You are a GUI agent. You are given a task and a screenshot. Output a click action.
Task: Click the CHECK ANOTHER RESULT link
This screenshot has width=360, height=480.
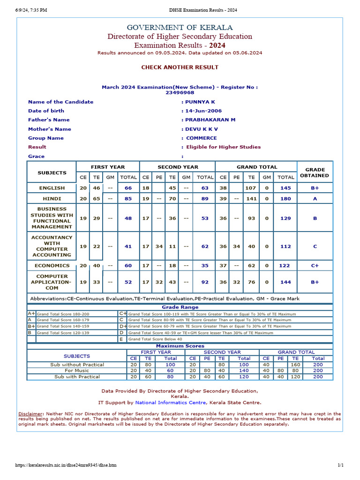click(180, 67)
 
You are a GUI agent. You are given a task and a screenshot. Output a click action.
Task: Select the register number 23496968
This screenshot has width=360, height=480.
click(180, 93)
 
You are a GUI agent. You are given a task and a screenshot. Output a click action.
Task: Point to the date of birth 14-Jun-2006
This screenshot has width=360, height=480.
click(203, 111)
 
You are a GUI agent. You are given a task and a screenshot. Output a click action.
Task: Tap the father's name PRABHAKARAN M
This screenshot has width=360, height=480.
click(210, 120)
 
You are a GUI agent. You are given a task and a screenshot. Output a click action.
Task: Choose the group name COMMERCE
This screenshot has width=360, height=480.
click(202, 138)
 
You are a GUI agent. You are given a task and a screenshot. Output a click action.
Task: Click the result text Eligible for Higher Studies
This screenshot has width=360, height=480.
click(223, 147)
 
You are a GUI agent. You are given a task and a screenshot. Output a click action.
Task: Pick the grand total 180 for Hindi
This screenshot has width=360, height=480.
click(286, 199)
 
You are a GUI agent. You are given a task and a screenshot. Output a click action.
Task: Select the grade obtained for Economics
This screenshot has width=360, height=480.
click(315, 266)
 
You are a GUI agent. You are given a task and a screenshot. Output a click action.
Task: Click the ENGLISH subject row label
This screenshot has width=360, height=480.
click(52, 188)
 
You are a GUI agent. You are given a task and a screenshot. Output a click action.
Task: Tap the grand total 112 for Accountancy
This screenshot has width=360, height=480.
click(286, 247)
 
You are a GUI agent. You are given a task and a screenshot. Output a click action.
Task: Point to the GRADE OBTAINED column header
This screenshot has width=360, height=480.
click(315, 172)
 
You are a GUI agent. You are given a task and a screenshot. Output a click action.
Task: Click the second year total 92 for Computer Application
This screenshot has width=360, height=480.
click(205, 282)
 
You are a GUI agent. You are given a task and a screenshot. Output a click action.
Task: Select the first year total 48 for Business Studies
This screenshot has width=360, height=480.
click(128, 218)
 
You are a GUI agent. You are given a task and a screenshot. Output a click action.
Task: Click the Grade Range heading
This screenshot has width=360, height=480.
click(180, 307)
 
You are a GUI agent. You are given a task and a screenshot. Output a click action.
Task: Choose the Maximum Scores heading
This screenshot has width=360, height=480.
click(180, 346)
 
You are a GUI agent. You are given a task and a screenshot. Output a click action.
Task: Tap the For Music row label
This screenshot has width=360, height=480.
click(77, 370)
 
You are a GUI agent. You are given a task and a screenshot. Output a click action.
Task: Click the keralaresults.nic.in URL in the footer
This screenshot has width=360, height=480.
click(66, 465)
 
